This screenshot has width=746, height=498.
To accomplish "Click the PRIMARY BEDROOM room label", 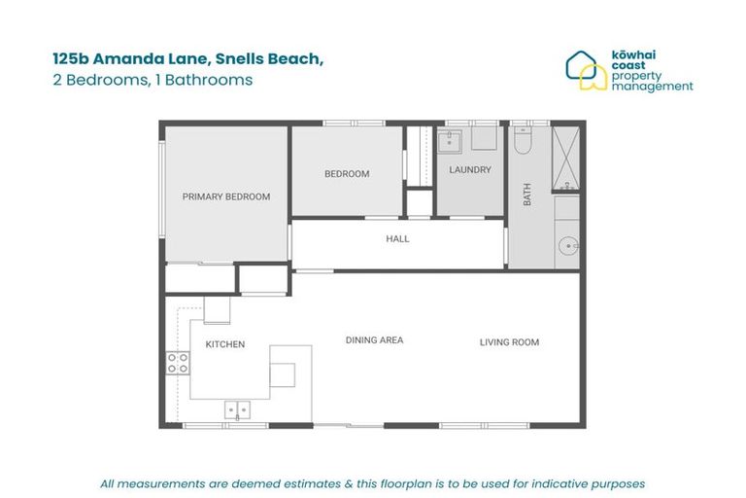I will pos(225,196).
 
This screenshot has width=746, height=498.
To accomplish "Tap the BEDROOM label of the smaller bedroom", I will pos(347,174).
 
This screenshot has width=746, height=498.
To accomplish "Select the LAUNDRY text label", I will pos(470,169).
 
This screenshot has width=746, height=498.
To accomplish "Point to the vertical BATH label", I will pos(527,196).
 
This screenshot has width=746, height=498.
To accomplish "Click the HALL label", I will pos(397,238).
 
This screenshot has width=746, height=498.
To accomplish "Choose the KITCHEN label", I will pos(224,344).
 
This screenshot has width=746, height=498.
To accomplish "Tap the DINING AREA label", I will pos(374,340).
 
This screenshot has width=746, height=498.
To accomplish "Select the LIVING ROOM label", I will pos(509,341).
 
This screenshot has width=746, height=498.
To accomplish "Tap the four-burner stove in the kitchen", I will pos(178,364).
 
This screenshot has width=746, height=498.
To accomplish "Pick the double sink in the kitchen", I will pos(237,409).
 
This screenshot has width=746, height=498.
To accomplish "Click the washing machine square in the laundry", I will pos(484,140).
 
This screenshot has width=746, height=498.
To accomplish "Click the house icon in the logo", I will pos(585,70).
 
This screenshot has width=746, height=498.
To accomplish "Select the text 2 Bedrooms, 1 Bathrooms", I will pos(153,81).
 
